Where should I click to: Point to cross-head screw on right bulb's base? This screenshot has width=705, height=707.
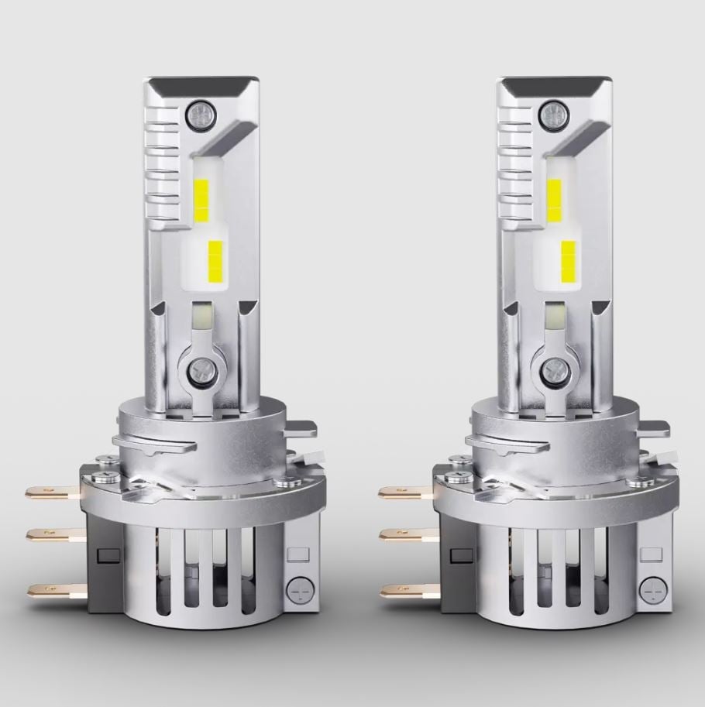(x=651, y=589)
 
